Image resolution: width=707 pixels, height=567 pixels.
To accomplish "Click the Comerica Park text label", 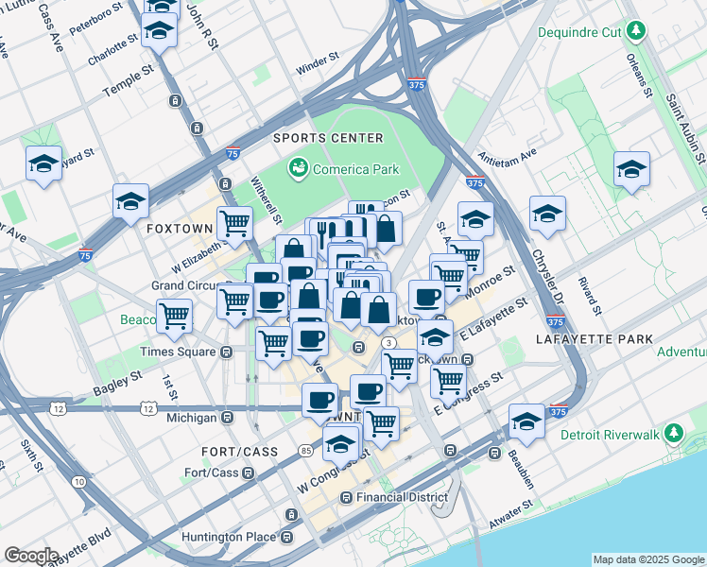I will tap(357, 170).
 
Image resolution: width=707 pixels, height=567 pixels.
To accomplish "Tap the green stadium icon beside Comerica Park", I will tap(299, 169).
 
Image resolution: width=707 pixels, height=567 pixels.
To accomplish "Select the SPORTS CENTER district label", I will tap(329, 138).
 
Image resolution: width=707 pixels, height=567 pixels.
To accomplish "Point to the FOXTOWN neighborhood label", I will tap(180, 230).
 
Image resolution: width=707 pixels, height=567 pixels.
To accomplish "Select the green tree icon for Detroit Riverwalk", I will tap(673, 434).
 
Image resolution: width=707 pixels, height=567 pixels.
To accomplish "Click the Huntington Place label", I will tap(228, 537).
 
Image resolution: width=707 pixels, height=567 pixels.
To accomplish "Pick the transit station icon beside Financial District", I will tap(347, 497).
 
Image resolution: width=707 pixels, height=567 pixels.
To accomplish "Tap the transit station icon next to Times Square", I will tap(227, 352).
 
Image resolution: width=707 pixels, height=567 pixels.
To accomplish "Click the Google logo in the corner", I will tap(31, 555).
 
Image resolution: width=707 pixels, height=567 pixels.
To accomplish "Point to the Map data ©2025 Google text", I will tap(648, 559).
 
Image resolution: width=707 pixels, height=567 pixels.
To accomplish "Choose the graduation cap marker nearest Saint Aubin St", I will tap(631, 169).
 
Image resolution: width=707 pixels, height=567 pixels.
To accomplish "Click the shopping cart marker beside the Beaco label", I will tap(174, 316).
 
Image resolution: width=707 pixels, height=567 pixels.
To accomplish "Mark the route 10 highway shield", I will tap(78, 482).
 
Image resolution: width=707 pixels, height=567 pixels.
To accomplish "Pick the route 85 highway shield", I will tap(306, 451).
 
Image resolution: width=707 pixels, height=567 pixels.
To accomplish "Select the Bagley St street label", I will tap(115, 383).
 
